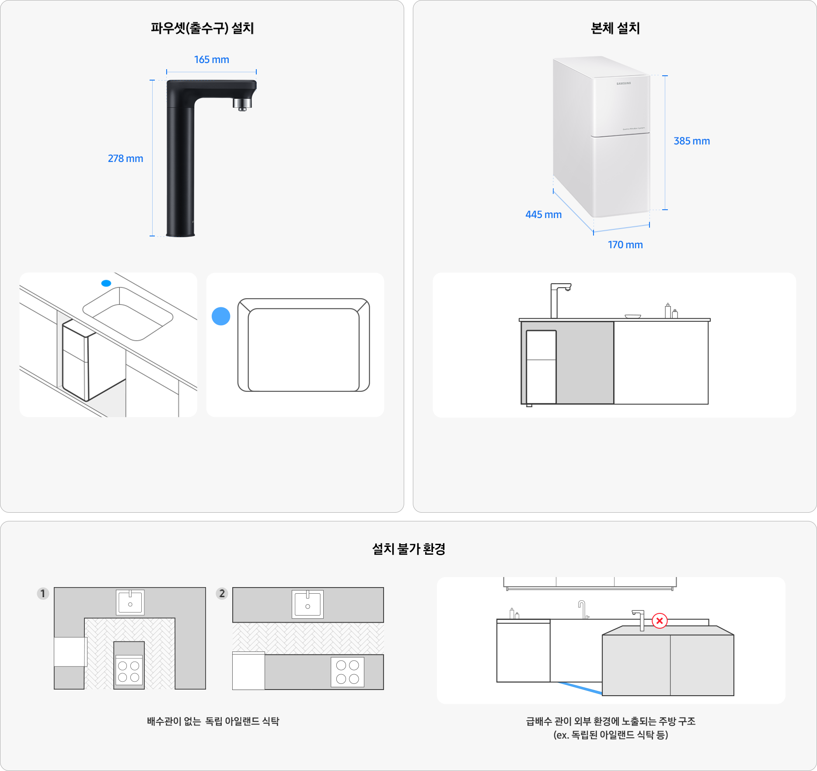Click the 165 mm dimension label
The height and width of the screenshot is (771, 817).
pyautogui.click(x=212, y=60)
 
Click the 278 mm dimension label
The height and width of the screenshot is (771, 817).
pyautogui.click(x=126, y=158)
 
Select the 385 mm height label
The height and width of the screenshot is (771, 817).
pyautogui.click(x=691, y=141)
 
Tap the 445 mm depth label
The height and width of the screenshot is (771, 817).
pyautogui.click(x=543, y=215)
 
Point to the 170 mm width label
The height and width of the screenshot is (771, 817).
pyautogui.click(x=625, y=245)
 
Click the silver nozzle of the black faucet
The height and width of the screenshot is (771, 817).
pyautogui.click(x=242, y=104)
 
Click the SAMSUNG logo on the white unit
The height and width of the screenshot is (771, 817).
pyautogui.click(x=624, y=83)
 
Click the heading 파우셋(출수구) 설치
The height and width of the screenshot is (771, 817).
pyautogui.click(x=203, y=28)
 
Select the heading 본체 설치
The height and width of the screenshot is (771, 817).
pyautogui.click(x=615, y=28)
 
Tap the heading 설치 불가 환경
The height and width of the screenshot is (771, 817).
pyautogui.click(x=408, y=549)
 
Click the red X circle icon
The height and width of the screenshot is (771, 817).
pyautogui.click(x=660, y=620)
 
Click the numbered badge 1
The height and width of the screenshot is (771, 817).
pyautogui.click(x=43, y=594)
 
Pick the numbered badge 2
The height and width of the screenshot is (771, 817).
pyautogui.click(x=222, y=594)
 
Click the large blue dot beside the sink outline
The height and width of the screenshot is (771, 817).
pyautogui.click(x=221, y=316)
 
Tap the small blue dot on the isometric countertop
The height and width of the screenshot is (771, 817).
pyautogui.click(x=106, y=283)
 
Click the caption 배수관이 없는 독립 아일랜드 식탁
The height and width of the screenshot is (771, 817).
pyautogui.click(x=213, y=721)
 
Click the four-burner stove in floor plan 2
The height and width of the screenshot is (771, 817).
pyautogui.click(x=348, y=672)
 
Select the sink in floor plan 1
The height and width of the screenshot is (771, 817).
pyautogui.click(x=130, y=602)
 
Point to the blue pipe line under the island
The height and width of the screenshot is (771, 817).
pyautogui.click(x=580, y=688)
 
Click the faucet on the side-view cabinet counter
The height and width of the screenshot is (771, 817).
pyautogui.click(x=560, y=301)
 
